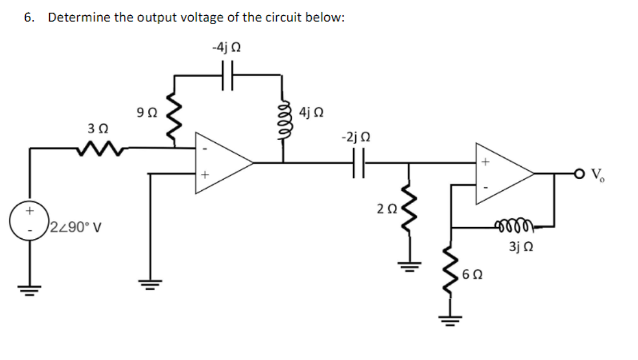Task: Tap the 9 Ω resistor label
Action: [145, 111]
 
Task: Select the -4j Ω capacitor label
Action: [227, 47]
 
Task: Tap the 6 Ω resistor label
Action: [472, 273]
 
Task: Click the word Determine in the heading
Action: [78, 17]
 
